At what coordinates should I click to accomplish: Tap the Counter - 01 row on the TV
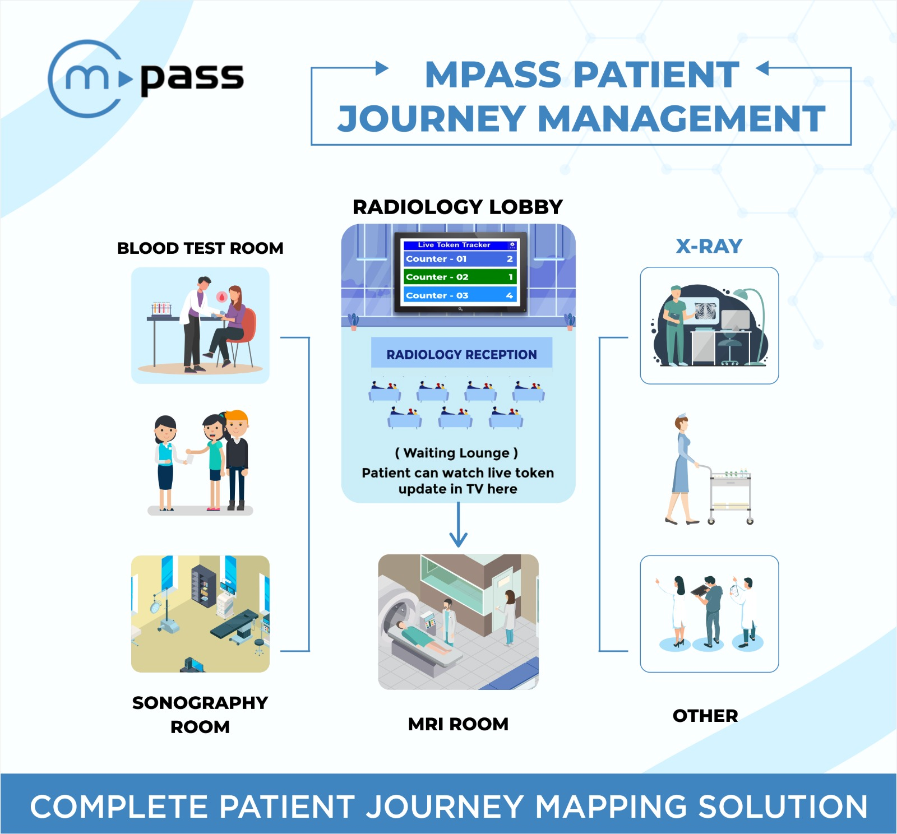click(x=459, y=259)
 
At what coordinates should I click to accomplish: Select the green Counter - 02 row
click(x=459, y=277)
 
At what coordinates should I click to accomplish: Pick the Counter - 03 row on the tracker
click(x=459, y=295)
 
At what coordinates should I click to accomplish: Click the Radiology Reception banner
click(x=461, y=354)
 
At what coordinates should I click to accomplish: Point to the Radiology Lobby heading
click(x=457, y=207)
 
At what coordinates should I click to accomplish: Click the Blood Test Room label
click(x=200, y=248)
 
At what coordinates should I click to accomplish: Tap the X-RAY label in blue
click(x=709, y=246)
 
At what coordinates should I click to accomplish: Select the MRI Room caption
click(x=458, y=724)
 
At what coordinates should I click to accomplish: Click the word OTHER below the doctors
click(x=705, y=716)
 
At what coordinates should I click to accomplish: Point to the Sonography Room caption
click(x=200, y=714)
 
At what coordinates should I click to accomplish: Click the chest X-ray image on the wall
click(x=706, y=311)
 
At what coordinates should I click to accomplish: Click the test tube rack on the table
click(x=161, y=309)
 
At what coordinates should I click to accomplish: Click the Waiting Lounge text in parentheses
click(x=456, y=453)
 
